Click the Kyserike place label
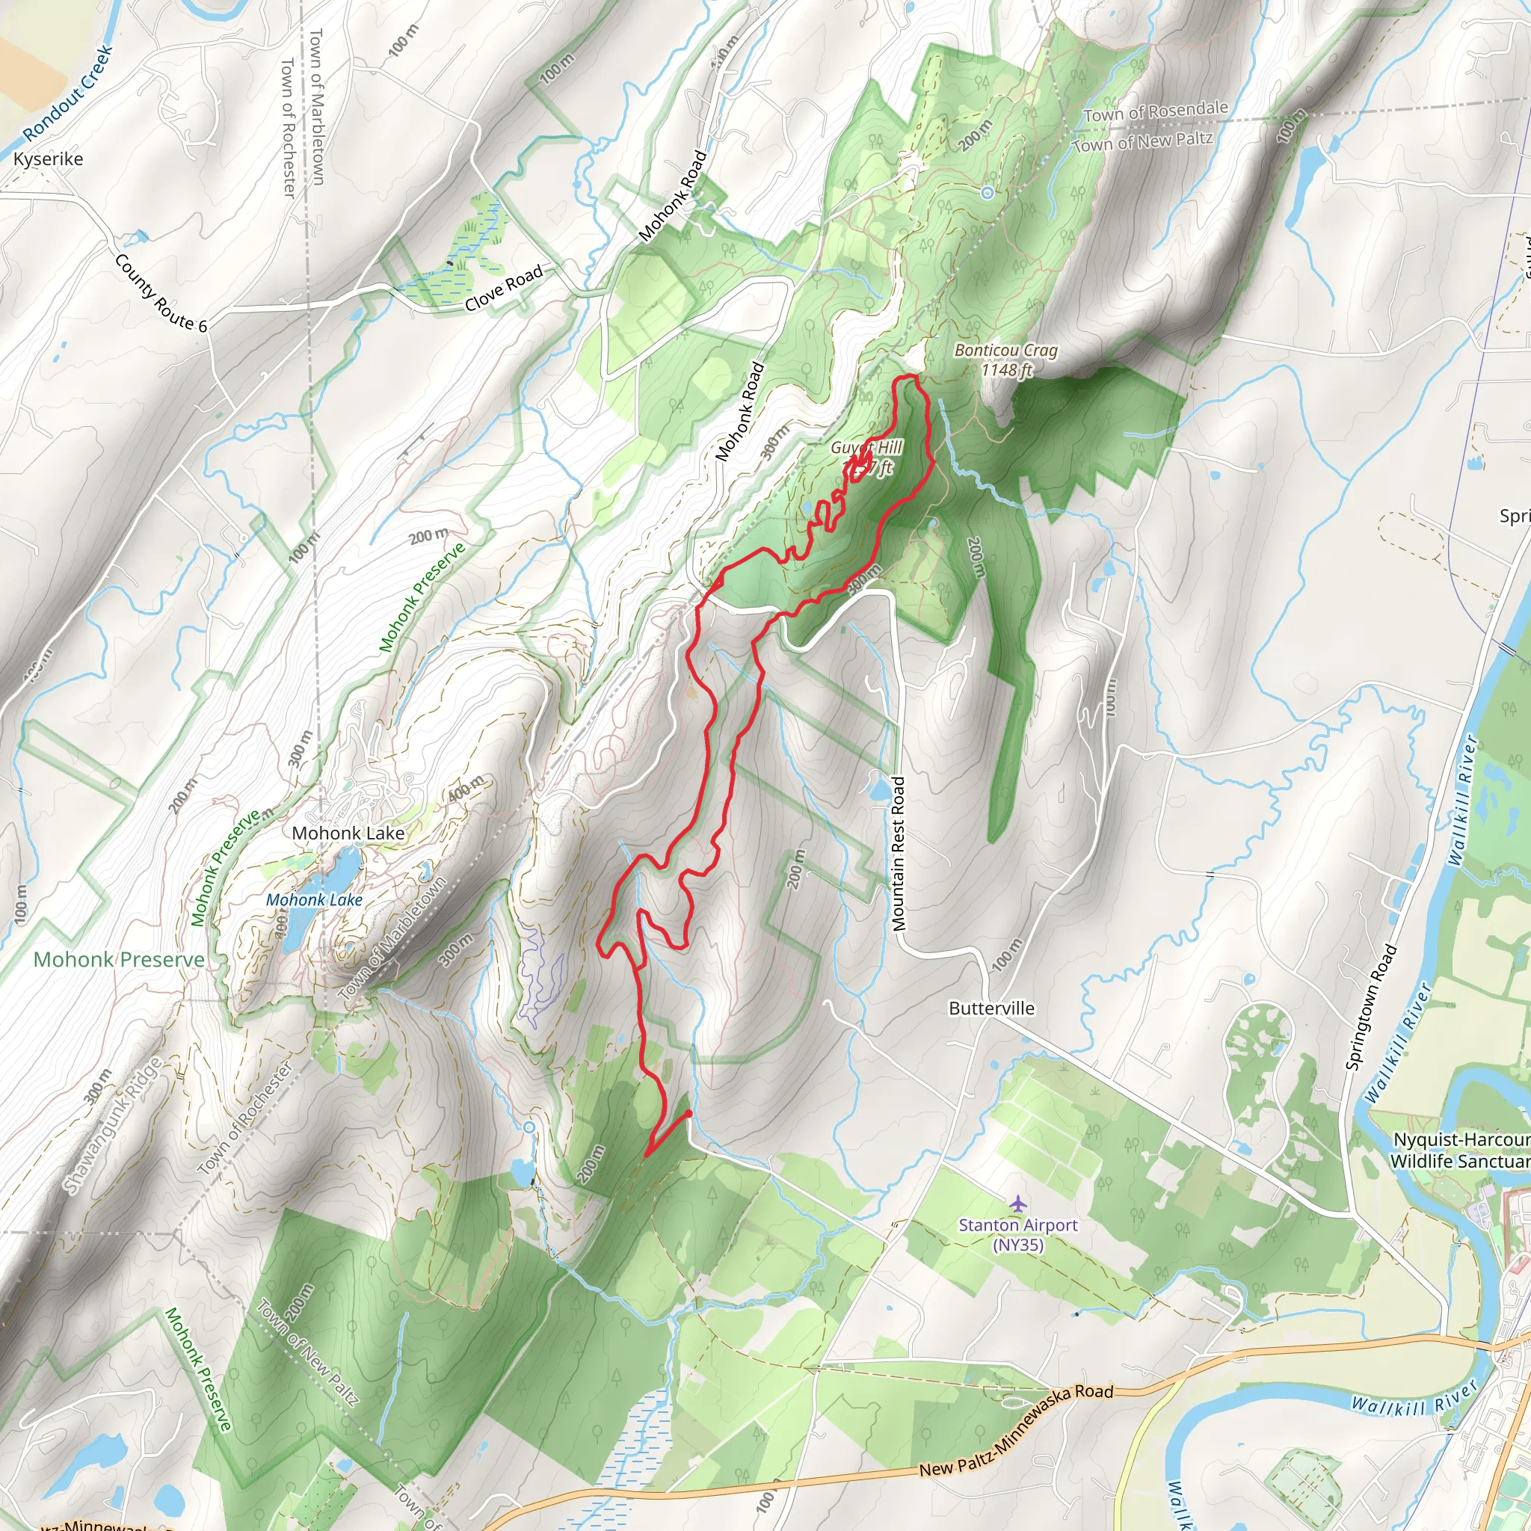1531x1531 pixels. click(x=49, y=159)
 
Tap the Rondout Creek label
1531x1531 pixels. click(x=68, y=93)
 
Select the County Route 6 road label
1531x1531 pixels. click(x=160, y=293)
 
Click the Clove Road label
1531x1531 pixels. click(x=503, y=288)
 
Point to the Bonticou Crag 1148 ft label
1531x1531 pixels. click(x=1005, y=360)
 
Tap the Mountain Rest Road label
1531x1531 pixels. click(x=898, y=854)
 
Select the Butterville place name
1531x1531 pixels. click(x=991, y=1008)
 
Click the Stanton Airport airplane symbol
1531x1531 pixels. click(x=1018, y=1204)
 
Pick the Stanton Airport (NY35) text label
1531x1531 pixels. click(x=1018, y=1233)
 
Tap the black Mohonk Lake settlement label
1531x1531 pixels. click(x=348, y=833)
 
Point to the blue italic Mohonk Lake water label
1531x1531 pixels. click(x=314, y=899)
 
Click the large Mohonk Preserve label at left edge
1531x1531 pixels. click(x=119, y=960)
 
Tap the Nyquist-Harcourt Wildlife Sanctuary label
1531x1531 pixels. click(x=1461, y=1150)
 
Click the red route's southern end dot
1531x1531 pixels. click(x=689, y=1113)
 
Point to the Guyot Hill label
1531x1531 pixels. click(x=866, y=449)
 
